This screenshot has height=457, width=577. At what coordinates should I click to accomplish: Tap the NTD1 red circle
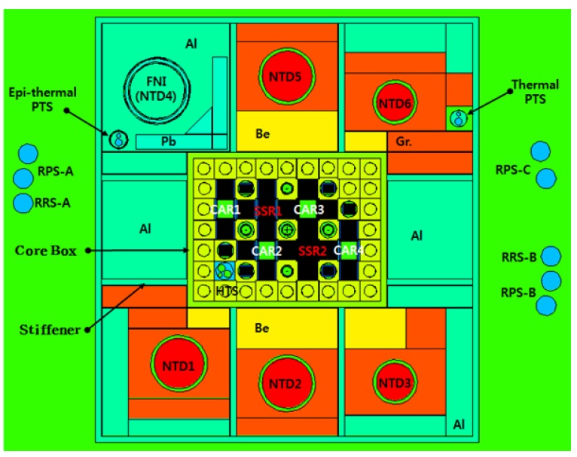pyautogui.click(x=176, y=366)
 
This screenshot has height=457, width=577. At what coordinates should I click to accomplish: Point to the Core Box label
pyautogui.click(x=46, y=250)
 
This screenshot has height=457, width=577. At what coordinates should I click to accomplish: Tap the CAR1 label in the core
pyautogui.click(x=225, y=209)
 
